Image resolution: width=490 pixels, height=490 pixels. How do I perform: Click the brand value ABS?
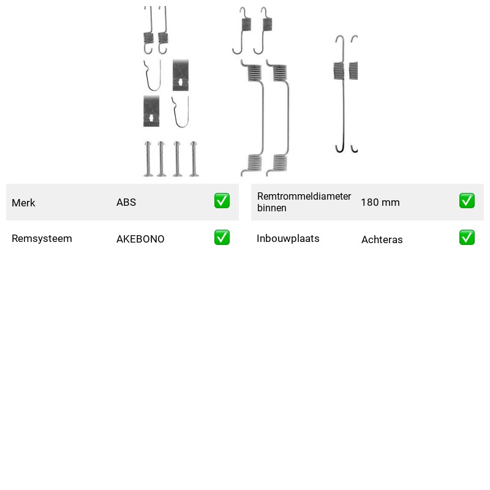point(126,202)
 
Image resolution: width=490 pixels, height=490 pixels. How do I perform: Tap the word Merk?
point(23,203)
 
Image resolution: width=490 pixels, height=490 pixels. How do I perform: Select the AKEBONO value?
point(140,239)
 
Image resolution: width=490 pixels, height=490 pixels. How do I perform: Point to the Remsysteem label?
point(42,238)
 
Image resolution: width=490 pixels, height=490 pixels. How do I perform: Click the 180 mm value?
point(380,202)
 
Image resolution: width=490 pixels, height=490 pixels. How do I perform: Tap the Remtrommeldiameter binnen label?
point(304,202)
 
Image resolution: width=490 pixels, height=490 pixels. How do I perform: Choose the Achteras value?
point(382,239)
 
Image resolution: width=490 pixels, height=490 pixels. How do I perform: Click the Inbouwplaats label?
point(288,238)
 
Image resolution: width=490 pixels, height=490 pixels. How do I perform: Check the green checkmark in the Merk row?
point(222,201)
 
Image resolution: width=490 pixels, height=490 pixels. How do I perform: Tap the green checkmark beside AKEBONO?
point(222,238)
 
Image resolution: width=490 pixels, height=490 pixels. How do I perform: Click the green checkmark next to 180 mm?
point(467,201)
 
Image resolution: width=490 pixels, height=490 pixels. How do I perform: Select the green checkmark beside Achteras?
point(467,238)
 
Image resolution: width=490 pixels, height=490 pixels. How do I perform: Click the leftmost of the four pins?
point(148,159)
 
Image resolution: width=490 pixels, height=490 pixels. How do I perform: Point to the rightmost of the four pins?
point(194,159)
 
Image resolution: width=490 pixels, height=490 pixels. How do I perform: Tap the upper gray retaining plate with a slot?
point(181,75)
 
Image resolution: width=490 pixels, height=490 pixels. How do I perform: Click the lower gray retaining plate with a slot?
point(151,111)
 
